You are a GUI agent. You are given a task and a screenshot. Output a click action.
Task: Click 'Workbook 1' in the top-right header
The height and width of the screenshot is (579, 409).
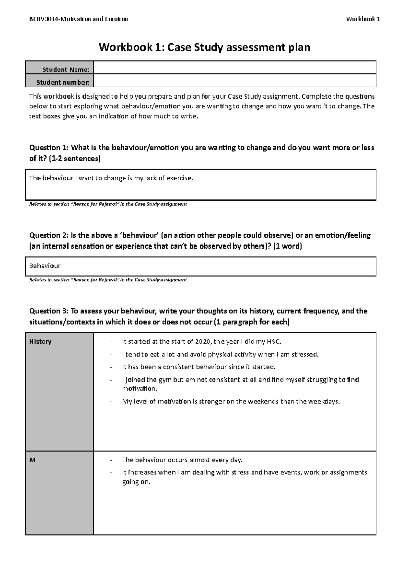click(x=363, y=19)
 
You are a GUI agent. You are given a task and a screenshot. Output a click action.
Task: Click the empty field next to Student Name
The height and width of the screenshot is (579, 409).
click(x=234, y=68)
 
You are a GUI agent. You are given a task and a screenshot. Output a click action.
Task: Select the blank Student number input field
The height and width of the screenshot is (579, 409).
click(x=234, y=81)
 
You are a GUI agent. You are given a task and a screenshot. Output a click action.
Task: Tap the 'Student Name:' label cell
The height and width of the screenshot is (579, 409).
click(x=66, y=70)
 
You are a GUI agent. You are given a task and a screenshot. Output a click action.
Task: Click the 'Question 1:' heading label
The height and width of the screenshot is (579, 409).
click(x=49, y=148)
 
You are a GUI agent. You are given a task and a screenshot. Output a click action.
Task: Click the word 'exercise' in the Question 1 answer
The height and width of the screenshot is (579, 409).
click(x=179, y=178)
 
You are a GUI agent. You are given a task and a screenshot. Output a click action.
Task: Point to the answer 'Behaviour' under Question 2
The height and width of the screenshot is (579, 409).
click(x=45, y=266)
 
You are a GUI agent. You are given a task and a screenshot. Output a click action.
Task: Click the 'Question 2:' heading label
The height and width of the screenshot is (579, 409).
click(x=49, y=235)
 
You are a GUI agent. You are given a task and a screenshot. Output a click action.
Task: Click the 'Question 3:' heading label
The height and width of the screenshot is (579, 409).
click(x=49, y=311)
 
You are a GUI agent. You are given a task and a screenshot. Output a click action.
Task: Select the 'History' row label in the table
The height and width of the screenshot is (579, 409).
click(x=40, y=342)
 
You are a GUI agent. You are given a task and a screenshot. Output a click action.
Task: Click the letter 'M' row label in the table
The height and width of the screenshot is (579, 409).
click(x=32, y=460)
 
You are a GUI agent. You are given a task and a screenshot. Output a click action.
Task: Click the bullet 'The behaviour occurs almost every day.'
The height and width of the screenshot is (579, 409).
click(x=182, y=460)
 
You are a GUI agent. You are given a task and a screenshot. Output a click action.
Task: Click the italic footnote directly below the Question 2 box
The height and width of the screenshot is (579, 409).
click(x=108, y=280)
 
